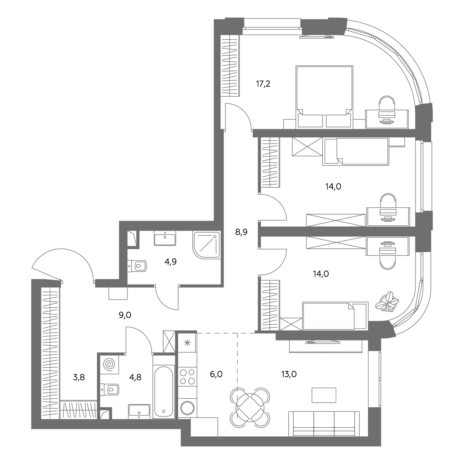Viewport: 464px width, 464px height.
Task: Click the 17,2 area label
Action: click(x=263, y=84)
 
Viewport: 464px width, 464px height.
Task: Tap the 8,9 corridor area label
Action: click(x=241, y=232)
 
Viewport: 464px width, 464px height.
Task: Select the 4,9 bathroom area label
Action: click(x=171, y=262)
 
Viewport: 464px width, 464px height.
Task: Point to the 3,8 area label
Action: click(x=79, y=377)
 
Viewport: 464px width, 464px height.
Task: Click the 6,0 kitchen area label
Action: click(x=216, y=374)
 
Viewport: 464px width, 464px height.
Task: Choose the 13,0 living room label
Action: click(x=289, y=374)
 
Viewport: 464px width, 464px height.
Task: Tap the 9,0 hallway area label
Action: click(x=125, y=315)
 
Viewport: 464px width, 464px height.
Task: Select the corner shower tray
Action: click(x=206, y=245)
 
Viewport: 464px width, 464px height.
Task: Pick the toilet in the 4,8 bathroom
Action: click(x=110, y=389)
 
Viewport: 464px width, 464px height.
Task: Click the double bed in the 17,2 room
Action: click(x=324, y=97)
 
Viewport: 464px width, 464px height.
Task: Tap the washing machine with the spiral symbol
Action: click(x=109, y=364)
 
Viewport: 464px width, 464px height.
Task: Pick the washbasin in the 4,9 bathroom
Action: click(x=165, y=238)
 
